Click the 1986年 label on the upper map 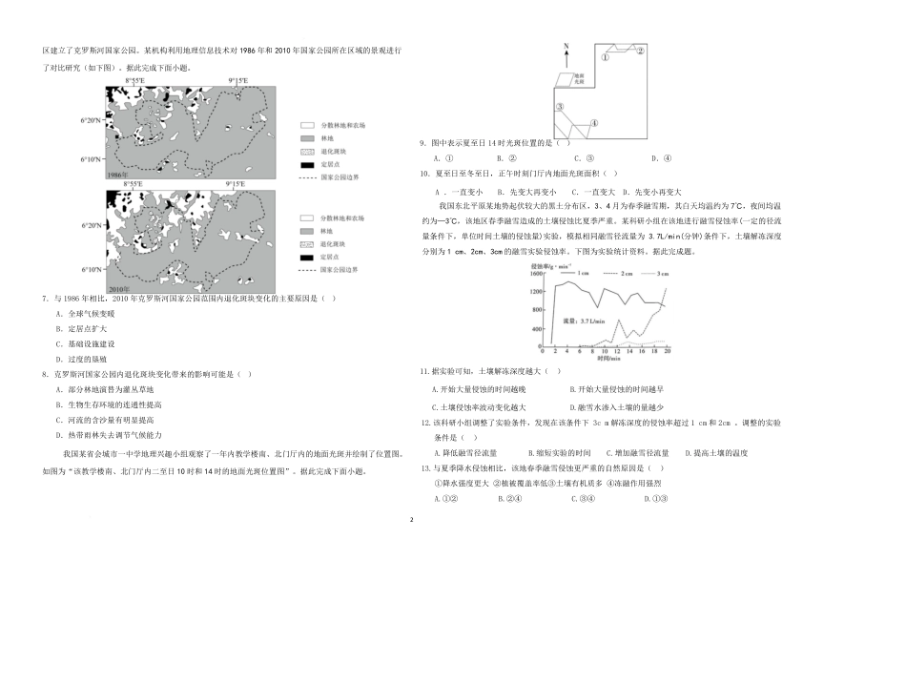pyautogui.click(x=117, y=176)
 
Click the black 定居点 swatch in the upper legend pyautogui.click(x=307, y=164)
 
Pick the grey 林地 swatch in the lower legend pyautogui.click(x=307, y=232)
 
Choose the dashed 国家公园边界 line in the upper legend pyautogui.click(x=307, y=177)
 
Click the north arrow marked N pyautogui.click(x=566, y=48)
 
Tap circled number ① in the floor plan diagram pyautogui.click(x=605, y=56)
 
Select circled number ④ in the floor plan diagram pyautogui.click(x=593, y=122)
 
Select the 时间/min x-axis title pyautogui.click(x=607, y=359)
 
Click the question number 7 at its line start pyautogui.click(x=46, y=299)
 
